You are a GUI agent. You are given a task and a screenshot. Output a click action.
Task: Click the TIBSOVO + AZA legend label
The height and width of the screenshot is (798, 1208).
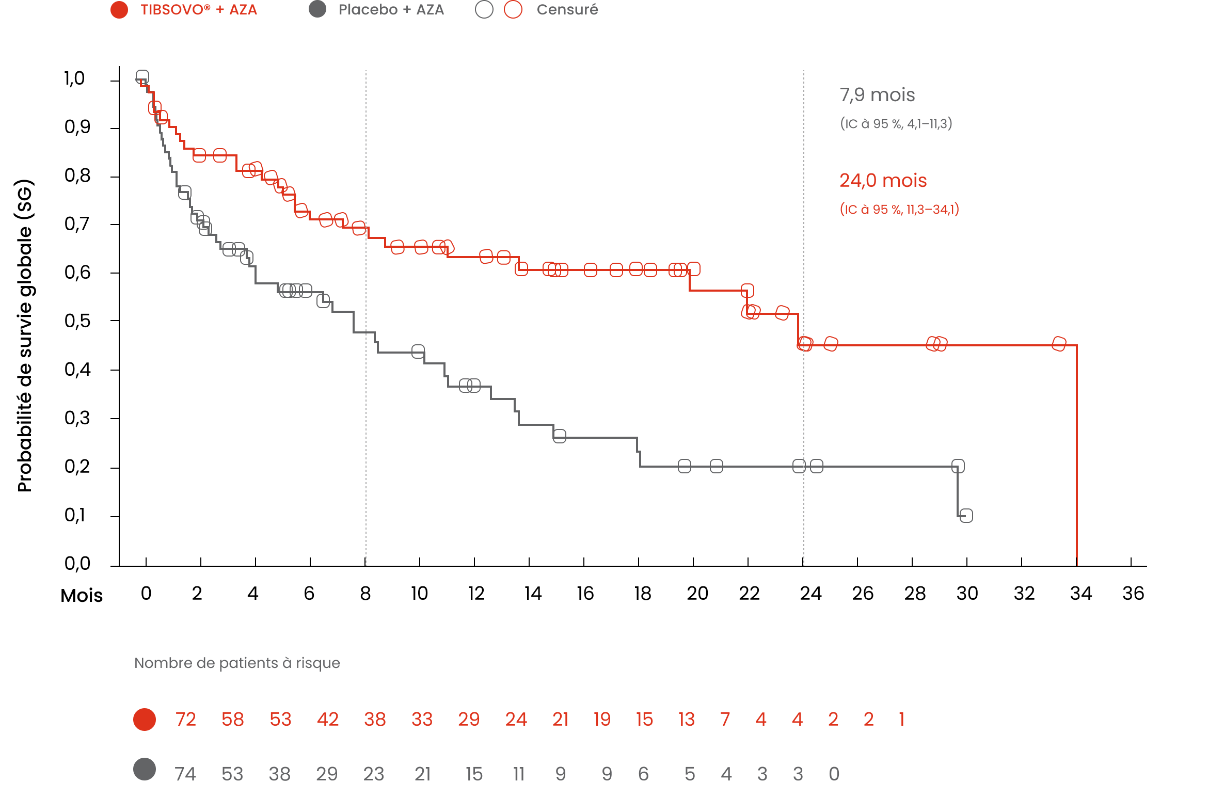coord(199,10)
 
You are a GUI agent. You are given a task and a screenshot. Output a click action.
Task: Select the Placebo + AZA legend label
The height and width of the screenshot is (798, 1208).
coord(391,10)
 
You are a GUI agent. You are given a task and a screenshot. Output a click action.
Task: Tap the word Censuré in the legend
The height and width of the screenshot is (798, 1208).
coord(567,10)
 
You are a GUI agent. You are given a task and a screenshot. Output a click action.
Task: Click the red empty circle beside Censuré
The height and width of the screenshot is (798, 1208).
coord(513,10)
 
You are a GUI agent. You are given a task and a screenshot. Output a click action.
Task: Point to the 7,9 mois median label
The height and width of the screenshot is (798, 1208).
coord(877,95)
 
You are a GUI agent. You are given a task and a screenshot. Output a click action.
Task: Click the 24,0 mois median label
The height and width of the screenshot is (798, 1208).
coord(883,181)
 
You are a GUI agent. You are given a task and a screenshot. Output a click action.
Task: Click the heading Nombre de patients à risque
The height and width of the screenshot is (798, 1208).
coord(237,663)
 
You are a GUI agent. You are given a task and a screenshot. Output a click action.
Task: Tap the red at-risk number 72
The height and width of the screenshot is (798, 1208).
coord(185,719)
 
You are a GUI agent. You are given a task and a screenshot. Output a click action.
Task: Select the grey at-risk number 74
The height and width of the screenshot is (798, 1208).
coord(185,774)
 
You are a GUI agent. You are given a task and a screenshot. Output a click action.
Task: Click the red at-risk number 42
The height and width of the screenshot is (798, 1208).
coord(328,719)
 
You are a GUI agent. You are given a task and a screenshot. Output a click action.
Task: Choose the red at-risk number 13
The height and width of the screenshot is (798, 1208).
coord(687,719)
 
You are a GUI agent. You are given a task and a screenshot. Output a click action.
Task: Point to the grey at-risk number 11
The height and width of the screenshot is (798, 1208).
coord(518,774)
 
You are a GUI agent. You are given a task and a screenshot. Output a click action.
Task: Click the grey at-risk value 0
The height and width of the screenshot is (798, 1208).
coord(834,774)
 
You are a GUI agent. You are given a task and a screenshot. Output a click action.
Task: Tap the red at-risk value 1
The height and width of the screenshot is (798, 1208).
coord(901,719)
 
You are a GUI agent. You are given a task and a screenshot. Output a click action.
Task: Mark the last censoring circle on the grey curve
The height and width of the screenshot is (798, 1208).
coord(966,516)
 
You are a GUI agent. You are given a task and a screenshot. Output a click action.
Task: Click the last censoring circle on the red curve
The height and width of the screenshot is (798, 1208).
coord(1059,344)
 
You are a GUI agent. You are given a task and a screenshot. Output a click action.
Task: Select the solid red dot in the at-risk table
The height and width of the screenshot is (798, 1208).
coord(145,719)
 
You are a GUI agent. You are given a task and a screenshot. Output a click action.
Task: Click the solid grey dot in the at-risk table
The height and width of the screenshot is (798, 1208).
coord(145,769)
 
